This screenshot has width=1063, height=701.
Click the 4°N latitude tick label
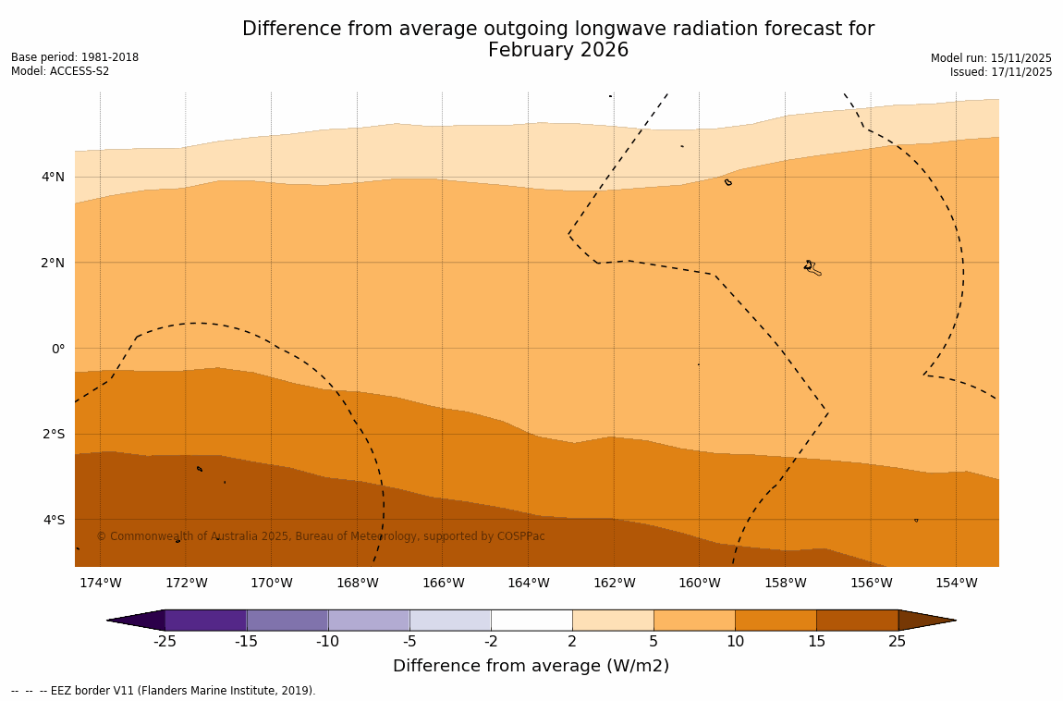point(53,177)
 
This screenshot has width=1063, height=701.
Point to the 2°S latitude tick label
point(54,434)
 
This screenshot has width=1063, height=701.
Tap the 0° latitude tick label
point(58,349)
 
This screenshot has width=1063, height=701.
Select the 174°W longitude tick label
point(100,583)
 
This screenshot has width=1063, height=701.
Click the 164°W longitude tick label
point(528,583)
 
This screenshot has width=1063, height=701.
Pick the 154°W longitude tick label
point(956,583)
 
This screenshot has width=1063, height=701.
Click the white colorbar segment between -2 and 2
point(531,620)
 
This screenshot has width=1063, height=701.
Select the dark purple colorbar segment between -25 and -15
point(205,620)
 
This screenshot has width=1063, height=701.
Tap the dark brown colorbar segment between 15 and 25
point(857,620)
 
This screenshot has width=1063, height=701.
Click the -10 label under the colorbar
point(328,642)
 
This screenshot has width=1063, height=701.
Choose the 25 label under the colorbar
point(898,642)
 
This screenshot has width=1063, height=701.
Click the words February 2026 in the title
point(558,51)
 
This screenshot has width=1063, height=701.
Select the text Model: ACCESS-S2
point(60,71)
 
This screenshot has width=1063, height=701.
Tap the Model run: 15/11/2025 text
point(991,57)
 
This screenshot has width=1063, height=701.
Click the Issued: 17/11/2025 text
point(1001,71)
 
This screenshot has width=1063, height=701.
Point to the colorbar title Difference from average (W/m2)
point(531,666)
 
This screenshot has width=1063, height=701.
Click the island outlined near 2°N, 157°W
point(811,267)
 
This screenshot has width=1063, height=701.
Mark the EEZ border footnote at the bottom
point(163,690)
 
